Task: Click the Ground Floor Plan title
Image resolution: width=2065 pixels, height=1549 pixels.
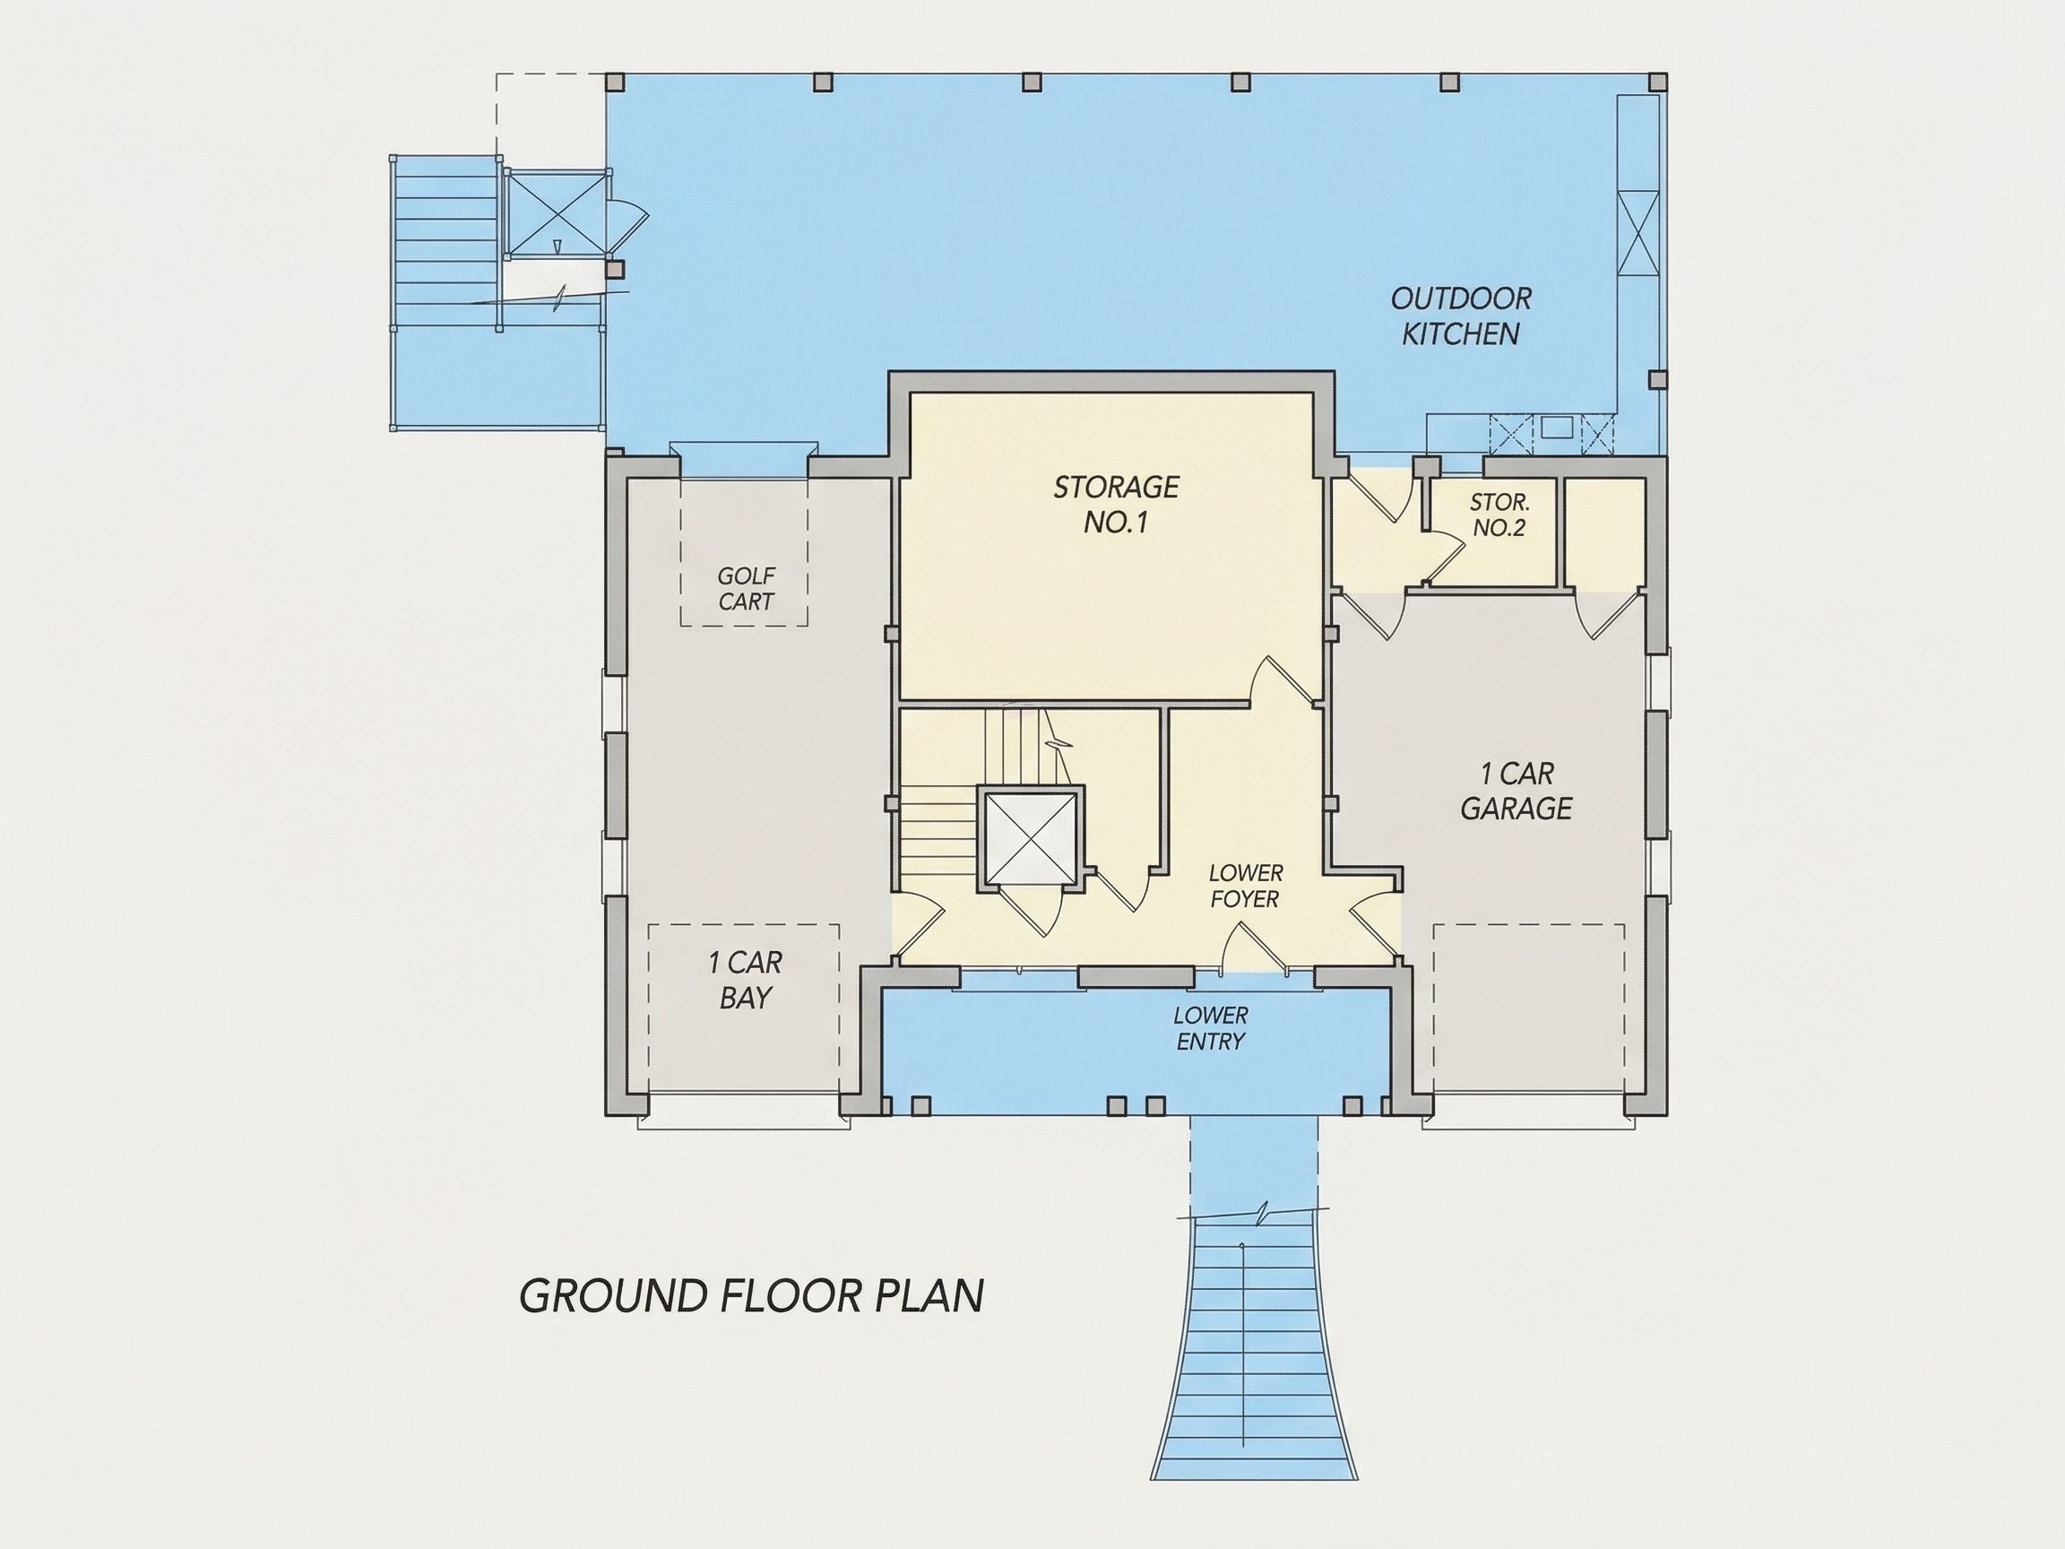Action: tap(751, 1296)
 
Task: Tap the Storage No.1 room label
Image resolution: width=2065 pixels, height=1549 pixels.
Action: tap(1116, 504)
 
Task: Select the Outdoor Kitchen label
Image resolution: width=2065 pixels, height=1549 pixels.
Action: tap(1461, 316)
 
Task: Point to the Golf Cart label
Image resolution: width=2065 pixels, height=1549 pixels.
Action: tap(746, 588)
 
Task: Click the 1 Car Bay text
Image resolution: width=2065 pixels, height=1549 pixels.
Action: tap(745, 980)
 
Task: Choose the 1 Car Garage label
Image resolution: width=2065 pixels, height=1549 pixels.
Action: tap(1516, 791)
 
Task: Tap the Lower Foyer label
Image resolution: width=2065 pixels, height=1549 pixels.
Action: tap(1245, 886)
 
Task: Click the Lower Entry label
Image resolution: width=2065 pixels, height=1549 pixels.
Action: tap(1211, 1028)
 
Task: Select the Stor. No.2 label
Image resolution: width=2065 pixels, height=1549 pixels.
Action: tap(1499, 515)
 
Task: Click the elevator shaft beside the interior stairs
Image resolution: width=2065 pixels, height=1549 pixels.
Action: tap(1031, 836)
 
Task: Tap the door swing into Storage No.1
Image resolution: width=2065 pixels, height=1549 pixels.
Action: tap(1286, 679)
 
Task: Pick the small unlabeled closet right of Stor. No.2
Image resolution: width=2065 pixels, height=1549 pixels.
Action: tap(1604, 532)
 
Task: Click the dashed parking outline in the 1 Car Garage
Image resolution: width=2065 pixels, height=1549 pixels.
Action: tap(1529, 1010)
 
